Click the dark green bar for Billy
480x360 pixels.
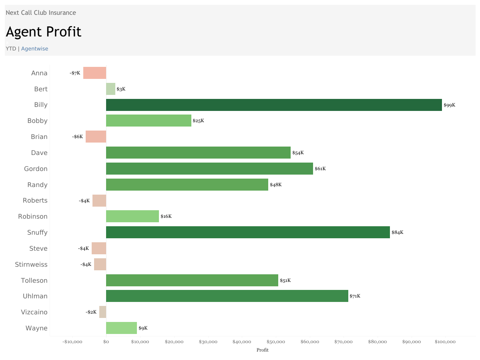(x=274, y=105)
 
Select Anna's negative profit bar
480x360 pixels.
(x=94, y=73)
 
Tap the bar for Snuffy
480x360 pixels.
(x=248, y=232)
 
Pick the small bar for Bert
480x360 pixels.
(x=110, y=89)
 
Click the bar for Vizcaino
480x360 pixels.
(x=102, y=312)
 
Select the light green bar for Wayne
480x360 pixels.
(x=121, y=328)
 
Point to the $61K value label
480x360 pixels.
(x=320, y=169)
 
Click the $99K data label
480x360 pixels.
(x=449, y=105)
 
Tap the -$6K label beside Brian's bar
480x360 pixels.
(x=78, y=137)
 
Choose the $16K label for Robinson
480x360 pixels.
(x=166, y=217)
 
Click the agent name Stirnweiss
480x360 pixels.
(x=31, y=264)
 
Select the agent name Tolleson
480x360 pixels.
(x=34, y=280)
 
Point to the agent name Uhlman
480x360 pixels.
(x=35, y=296)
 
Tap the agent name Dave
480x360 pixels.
(x=39, y=153)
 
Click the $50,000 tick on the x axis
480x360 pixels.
(x=276, y=342)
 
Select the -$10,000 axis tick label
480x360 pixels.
(x=72, y=342)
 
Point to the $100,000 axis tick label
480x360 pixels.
(x=445, y=342)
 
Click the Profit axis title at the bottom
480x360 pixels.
(x=263, y=350)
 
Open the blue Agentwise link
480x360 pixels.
(x=34, y=49)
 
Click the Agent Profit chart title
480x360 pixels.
(x=44, y=32)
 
